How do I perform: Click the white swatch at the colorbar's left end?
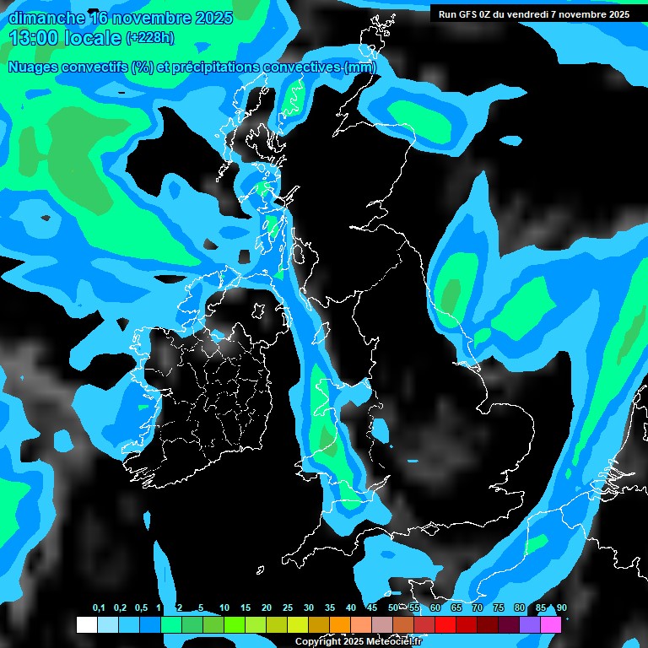point(86,624)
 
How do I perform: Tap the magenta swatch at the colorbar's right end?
point(551,624)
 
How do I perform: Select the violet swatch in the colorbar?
point(530,624)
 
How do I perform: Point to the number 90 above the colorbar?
point(561,608)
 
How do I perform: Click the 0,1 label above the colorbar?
point(99,608)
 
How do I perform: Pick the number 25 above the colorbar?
point(288,608)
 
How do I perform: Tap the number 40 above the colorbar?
point(351,608)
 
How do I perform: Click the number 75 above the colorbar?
point(499,608)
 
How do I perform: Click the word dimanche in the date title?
point(46,18)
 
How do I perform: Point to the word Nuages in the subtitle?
point(33,67)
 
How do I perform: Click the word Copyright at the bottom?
point(319,641)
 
